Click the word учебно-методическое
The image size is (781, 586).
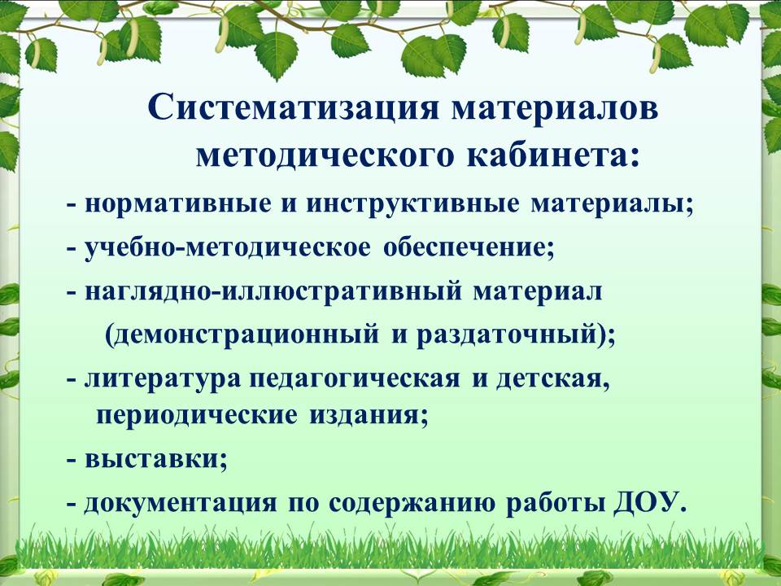pyautogui.click(x=228, y=248)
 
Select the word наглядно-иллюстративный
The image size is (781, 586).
pyautogui.click(x=274, y=292)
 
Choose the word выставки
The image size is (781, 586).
pyautogui.click(x=152, y=459)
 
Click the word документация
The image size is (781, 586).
pyautogui.click(x=180, y=503)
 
